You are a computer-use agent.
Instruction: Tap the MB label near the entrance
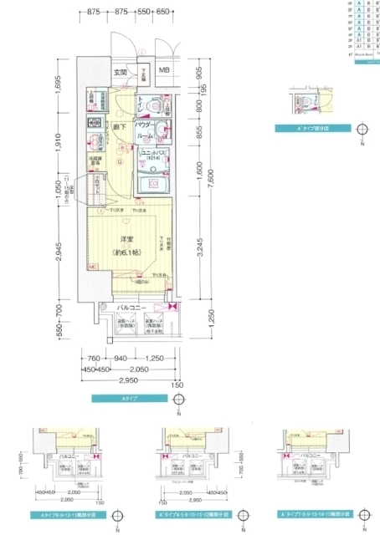164,71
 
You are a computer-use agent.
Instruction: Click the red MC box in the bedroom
91,267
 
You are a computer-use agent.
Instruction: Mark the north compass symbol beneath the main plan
179,405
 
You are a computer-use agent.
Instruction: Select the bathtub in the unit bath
151,186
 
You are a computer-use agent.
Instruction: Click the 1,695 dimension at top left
60,85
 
